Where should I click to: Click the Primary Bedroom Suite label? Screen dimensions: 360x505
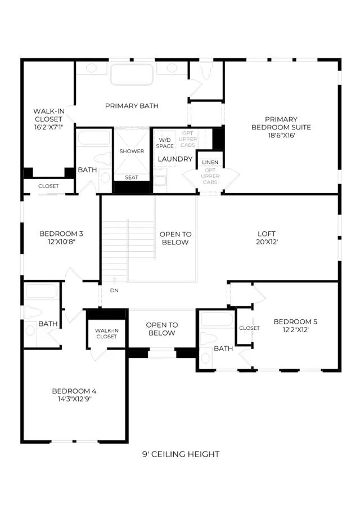point(281,127)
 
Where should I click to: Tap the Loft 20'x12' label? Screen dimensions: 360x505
point(267,238)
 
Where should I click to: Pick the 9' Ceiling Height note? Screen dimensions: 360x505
point(181,454)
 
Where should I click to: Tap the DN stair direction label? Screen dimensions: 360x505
point(114,290)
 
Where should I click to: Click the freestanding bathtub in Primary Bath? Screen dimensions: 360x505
point(132,74)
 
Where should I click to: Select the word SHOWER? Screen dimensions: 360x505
point(132,151)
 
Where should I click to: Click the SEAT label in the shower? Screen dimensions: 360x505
point(132,177)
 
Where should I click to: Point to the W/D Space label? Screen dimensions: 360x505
point(165,143)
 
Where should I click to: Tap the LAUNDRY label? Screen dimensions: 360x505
point(175,159)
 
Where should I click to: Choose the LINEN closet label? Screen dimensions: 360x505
point(210,162)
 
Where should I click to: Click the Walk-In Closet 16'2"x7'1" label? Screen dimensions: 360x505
point(49,119)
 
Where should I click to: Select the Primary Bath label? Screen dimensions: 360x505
point(132,106)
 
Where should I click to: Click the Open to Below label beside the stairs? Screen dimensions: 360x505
point(175,238)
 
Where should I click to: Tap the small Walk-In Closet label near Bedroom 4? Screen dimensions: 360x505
point(107,333)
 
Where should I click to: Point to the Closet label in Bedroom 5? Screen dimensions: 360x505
point(249,328)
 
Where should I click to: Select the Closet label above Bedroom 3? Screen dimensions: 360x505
point(48,186)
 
